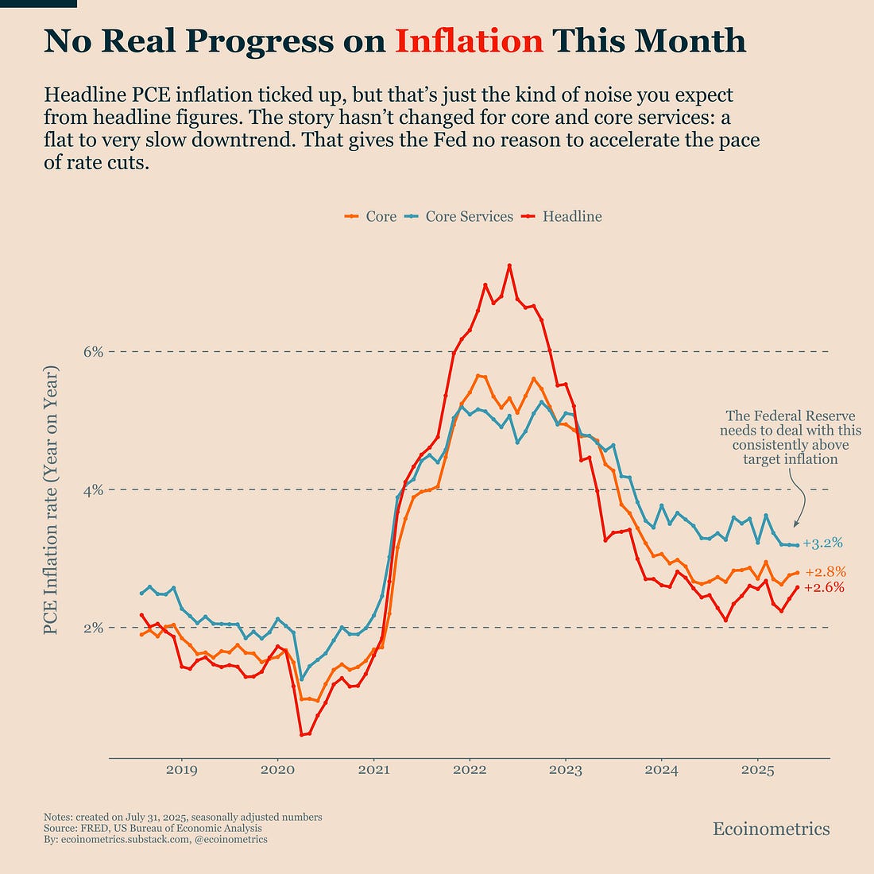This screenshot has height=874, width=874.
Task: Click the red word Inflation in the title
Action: click(469, 41)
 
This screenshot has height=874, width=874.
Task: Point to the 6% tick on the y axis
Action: click(93, 351)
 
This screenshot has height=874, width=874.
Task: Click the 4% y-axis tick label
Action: click(93, 489)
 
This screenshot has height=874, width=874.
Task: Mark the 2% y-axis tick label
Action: click(93, 628)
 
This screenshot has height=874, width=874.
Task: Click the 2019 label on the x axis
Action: click(181, 770)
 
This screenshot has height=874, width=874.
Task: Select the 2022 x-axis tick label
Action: click(470, 770)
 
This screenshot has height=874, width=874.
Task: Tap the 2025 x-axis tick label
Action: click(758, 770)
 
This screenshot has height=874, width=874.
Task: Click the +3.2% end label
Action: click(822, 544)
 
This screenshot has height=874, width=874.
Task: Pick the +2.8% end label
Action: click(826, 572)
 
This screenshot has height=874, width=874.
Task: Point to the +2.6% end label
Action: click(824, 588)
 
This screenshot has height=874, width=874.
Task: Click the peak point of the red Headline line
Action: click(509, 265)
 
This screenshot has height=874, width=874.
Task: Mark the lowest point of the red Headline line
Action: click(302, 734)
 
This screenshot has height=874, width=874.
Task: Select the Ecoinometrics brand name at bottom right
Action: click(771, 830)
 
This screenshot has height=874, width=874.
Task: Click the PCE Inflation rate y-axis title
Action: click(51, 501)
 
